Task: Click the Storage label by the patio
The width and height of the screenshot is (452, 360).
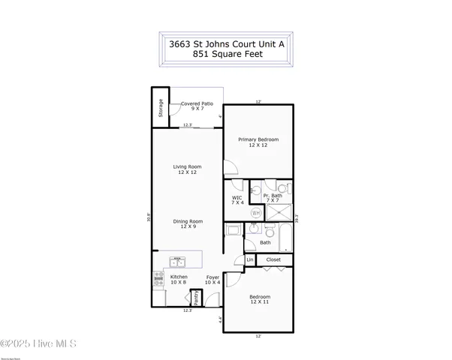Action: pos(160,109)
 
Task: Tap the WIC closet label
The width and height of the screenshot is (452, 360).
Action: pos(237,199)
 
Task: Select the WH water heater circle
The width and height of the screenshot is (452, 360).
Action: pos(255,213)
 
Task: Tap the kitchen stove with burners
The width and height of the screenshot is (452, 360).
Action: pos(158,279)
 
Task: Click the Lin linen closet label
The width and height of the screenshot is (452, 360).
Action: pos(249,260)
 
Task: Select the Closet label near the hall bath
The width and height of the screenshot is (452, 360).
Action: pos(273,259)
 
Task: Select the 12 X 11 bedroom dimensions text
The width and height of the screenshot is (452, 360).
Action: pos(258,301)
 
